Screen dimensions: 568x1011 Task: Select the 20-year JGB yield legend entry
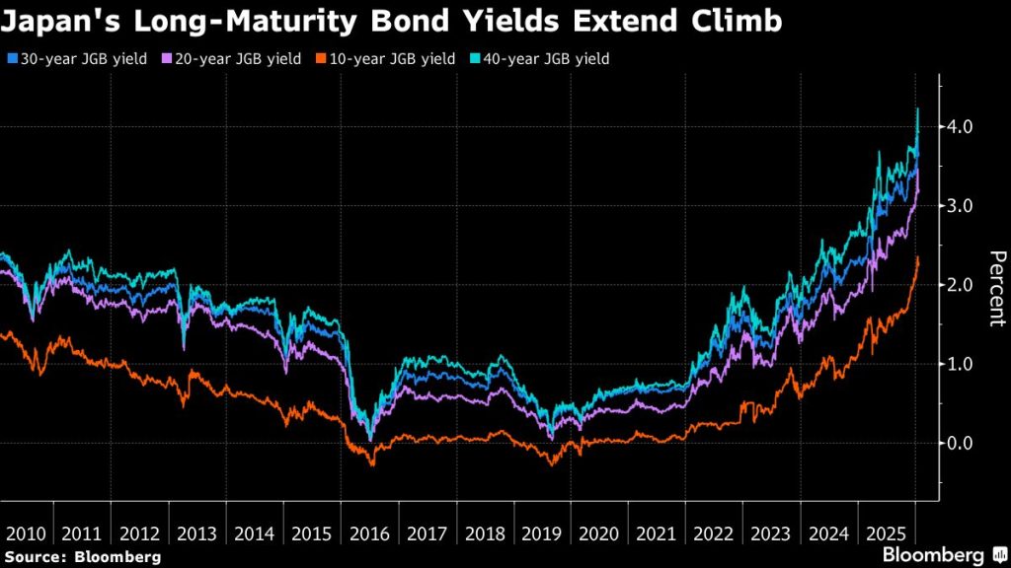pyautogui.click(x=233, y=59)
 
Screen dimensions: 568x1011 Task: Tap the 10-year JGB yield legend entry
pyautogui.click(x=387, y=59)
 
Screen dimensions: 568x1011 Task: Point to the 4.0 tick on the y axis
pyautogui.click(x=962, y=127)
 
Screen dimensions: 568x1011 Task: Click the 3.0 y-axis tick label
pyautogui.click(x=962, y=206)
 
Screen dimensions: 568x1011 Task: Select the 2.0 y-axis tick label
pyautogui.click(x=962, y=285)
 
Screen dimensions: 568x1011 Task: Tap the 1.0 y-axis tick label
pyautogui.click(x=962, y=364)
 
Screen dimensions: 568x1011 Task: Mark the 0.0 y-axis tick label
pyautogui.click(x=962, y=443)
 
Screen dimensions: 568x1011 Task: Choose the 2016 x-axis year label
pyautogui.click(x=369, y=533)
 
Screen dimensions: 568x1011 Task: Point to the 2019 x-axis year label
pyautogui.click(x=542, y=533)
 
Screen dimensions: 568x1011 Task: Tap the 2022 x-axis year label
pyautogui.click(x=714, y=533)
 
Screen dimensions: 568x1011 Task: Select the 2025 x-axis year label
pyautogui.click(x=887, y=533)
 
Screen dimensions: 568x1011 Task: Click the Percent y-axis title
pyautogui.click(x=996, y=288)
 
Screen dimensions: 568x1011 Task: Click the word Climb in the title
pyautogui.click(x=744, y=22)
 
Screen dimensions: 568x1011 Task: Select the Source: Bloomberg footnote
pyautogui.click(x=82, y=557)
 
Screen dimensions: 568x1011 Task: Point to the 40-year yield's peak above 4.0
pyautogui.click(x=918, y=109)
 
